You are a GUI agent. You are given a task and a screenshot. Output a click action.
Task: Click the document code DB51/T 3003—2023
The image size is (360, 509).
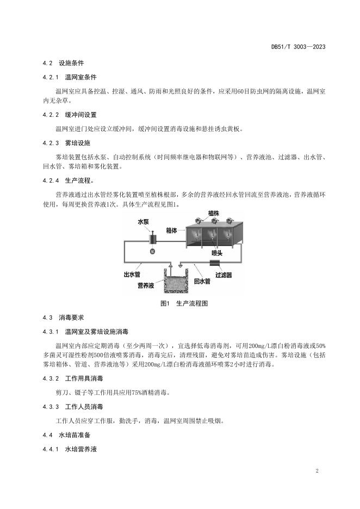tap(298, 47)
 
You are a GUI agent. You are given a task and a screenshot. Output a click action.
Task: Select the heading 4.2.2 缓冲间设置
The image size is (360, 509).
tap(69, 115)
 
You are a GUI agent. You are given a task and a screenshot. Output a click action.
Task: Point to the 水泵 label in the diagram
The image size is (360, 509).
tap(158, 222)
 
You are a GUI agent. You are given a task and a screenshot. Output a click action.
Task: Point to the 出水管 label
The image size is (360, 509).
tap(131, 274)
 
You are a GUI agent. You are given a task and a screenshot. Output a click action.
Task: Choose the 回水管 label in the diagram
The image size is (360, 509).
tap(202, 281)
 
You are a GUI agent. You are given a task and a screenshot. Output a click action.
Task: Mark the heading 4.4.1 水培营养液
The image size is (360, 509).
tap(69, 449)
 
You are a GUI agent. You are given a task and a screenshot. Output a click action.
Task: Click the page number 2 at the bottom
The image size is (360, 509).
tap(316, 470)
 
